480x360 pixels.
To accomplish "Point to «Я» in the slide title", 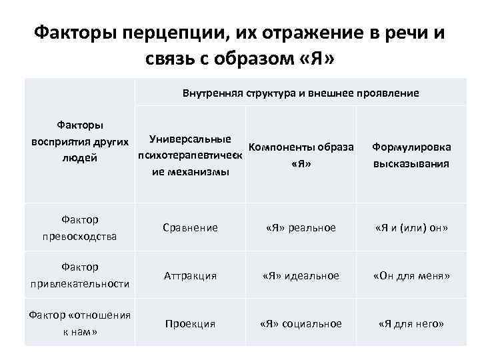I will click(x=312, y=61).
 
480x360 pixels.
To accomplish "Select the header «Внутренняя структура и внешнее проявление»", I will click(x=301, y=93).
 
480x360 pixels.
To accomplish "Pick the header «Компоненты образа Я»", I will click(x=301, y=155).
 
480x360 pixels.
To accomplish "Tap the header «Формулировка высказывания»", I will click(x=411, y=155).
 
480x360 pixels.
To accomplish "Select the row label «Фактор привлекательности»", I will click(x=79, y=275).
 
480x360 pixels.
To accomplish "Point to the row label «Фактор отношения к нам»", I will click(x=79, y=323).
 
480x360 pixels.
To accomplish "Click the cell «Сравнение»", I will click(x=191, y=227).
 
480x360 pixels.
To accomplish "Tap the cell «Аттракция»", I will click(x=191, y=275).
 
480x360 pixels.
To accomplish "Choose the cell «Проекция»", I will click(x=191, y=323).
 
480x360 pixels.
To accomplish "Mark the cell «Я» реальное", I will click(x=301, y=227).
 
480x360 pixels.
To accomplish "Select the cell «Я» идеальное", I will click(x=301, y=275).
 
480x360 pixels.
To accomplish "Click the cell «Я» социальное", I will click(x=301, y=323).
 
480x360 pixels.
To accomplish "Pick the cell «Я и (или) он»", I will click(x=411, y=227).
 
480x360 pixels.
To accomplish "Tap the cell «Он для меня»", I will click(x=411, y=275).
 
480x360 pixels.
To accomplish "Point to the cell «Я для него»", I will click(x=411, y=323).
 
